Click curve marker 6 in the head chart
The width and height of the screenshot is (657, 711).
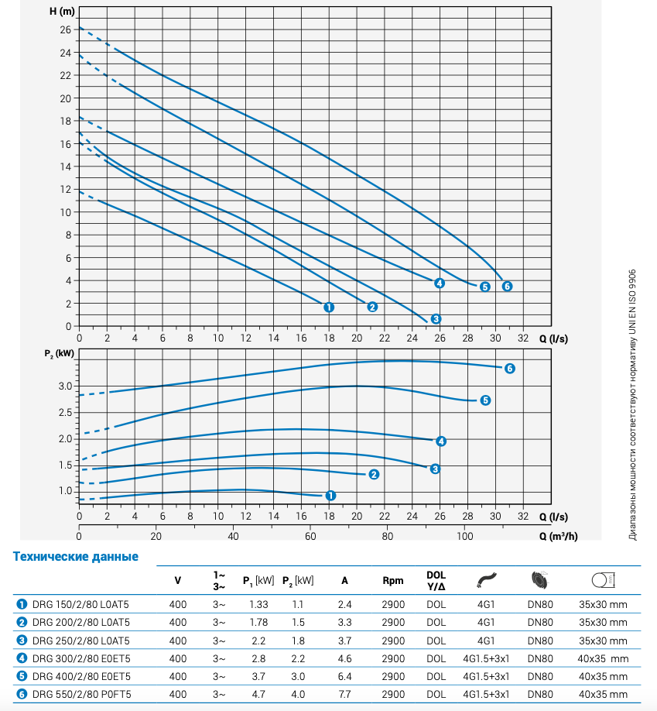point(508,287)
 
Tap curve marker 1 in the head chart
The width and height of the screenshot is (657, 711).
point(329,307)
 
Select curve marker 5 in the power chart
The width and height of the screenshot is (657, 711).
point(485,400)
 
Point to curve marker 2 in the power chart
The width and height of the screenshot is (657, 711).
point(373,474)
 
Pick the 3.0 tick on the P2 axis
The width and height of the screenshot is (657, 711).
point(65,386)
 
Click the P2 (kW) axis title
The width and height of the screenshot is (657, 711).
point(59,354)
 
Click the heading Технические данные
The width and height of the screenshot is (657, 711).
point(76,556)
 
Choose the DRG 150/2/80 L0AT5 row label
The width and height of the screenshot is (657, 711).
point(80,603)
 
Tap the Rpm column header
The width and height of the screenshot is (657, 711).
point(393,580)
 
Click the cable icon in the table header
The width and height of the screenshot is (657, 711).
point(485,579)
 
